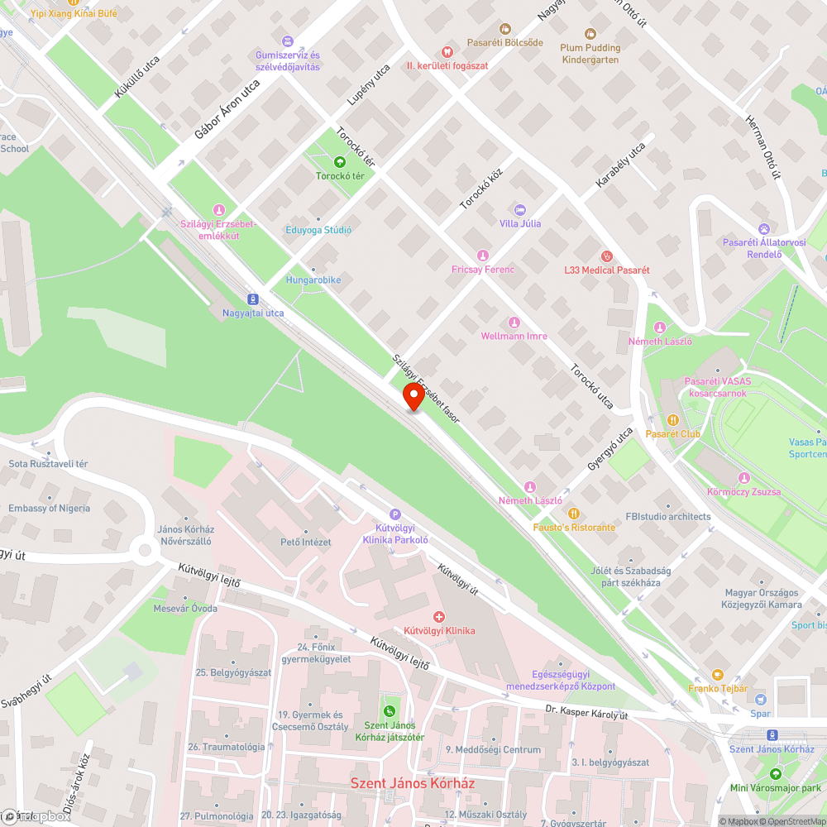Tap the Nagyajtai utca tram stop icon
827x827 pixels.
[252, 299]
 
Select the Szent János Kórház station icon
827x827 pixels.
[772, 734]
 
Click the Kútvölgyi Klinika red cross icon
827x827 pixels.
[439, 617]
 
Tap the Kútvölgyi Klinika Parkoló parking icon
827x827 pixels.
[394, 514]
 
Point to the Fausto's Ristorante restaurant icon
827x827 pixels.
[574, 514]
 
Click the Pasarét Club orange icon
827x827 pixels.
[673, 419]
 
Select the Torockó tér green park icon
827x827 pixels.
[340, 162]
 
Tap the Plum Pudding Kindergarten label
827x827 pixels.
[590, 53]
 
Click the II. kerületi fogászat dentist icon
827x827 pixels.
[447, 51]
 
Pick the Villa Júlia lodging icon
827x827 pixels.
[520, 210]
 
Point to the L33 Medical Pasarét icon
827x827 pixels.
[607, 256]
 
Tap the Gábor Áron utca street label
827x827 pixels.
[227, 120]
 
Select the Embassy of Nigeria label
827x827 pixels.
[49, 508]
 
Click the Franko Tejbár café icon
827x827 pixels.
[717, 675]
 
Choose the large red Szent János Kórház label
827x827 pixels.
[413, 782]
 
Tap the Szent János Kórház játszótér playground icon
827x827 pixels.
[389, 710]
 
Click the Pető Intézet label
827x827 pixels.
[306, 543]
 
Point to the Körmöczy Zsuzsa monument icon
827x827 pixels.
[743, 478]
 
